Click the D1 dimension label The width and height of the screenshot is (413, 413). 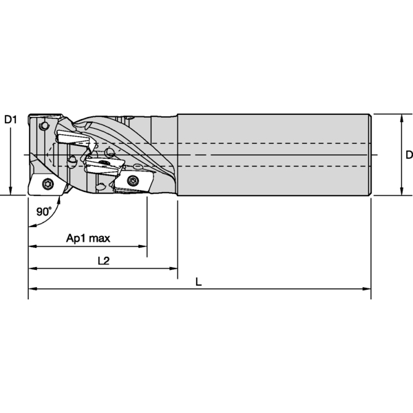pos(10,120)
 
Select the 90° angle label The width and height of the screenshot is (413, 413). pos(44,212)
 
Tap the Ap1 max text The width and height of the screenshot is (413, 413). pos(88,239)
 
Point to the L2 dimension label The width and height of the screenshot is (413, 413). pos(104,261)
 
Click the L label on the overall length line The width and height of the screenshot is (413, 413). pos(199,282)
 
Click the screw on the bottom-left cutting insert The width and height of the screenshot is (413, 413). pos(47,184)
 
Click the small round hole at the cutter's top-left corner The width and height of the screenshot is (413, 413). pos(44,126)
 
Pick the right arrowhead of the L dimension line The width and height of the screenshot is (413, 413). pos(368,292)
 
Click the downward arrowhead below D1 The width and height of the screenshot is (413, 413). pos(10,191)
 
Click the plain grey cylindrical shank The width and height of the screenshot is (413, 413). pos(275,155)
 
